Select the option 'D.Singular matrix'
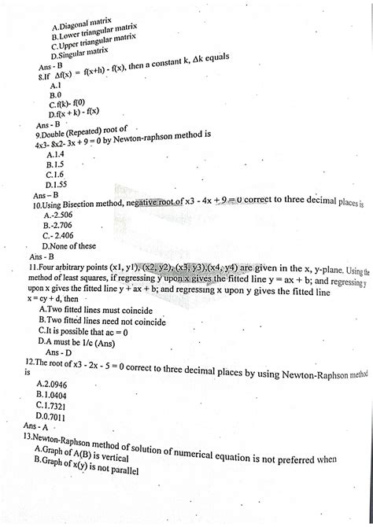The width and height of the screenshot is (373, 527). (x=79, y=54)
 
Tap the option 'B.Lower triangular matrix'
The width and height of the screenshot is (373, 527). (x=94, y=34)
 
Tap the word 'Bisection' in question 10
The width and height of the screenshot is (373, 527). (x=79, y=205)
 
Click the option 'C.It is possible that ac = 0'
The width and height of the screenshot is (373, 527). (x=83, y=332)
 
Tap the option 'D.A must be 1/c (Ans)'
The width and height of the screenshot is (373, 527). (x=81, y=343)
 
